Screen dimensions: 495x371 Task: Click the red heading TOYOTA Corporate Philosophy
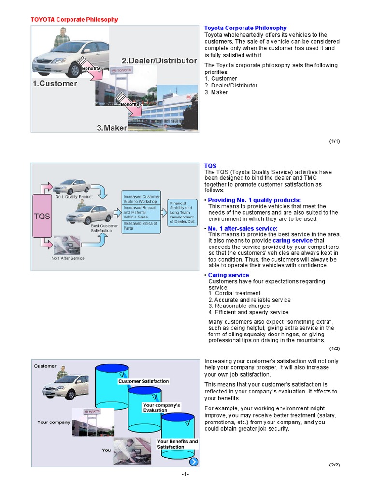tap(74, 20)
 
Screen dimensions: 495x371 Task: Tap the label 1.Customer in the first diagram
tap(55, 83)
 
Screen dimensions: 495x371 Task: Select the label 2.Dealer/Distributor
tap(159, 61)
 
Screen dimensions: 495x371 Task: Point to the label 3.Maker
tap(112, 128)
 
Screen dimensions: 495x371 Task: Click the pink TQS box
tap(42, 216)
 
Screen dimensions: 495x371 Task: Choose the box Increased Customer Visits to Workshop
tap(141, 199)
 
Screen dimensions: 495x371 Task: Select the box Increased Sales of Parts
tap(141, 226)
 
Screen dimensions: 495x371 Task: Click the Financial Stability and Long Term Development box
tap(182, 212)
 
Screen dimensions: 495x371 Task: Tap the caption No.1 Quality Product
tap(74, 197)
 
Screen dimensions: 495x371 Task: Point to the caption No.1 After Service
tap(68, 258)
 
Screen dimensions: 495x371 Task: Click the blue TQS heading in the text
tap(210, 166)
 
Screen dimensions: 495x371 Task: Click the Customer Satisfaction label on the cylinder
tap(143, 381)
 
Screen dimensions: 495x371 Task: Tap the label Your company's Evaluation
tap(161, 408)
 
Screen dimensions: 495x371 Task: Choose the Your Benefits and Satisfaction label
tap(177, 444)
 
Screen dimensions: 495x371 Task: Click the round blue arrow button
tap(193, 461)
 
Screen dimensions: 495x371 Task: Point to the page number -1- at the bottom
tap(185, 474)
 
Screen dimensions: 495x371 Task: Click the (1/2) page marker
tap(335, 349)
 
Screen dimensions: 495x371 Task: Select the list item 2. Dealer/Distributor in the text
tap(231, 86)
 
